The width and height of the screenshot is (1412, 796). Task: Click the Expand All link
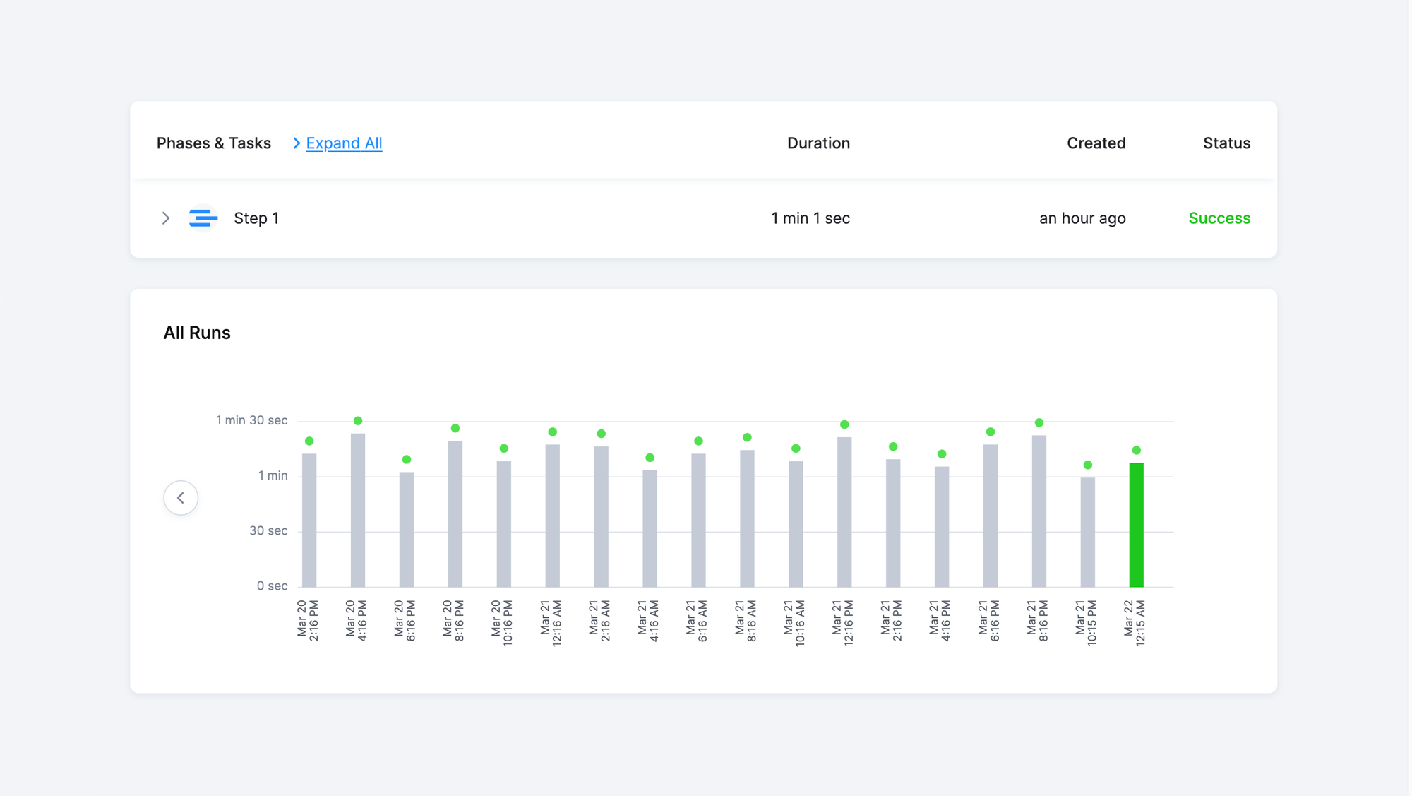point(343,143)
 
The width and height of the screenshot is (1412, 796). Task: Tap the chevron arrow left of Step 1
point(166,218)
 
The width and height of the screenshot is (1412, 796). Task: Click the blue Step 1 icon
point(203,218)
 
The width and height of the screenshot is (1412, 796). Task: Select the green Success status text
point(1219,218)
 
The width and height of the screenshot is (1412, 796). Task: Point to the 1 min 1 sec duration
point(810,218)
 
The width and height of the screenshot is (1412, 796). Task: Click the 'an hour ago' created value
point(1082,218)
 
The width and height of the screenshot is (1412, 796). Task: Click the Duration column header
point(818,143)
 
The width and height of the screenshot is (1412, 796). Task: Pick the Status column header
point(1226,143)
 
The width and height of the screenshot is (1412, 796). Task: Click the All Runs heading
point(197,333)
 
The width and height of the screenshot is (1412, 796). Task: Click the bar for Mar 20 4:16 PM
point(358,510)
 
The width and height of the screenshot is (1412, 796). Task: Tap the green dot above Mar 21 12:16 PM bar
point(844,424)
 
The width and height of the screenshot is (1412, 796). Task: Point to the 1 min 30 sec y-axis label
point(251,420)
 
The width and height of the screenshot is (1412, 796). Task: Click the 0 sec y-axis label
point(272,586)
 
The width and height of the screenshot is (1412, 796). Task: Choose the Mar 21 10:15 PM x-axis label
point(1087,622)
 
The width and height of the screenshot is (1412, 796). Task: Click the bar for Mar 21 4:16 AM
point(650,528)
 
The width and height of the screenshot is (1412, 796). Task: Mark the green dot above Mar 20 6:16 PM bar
point(407,460)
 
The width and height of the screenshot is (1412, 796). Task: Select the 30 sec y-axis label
point(268,530)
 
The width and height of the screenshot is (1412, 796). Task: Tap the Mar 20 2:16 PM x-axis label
point(308,620)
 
